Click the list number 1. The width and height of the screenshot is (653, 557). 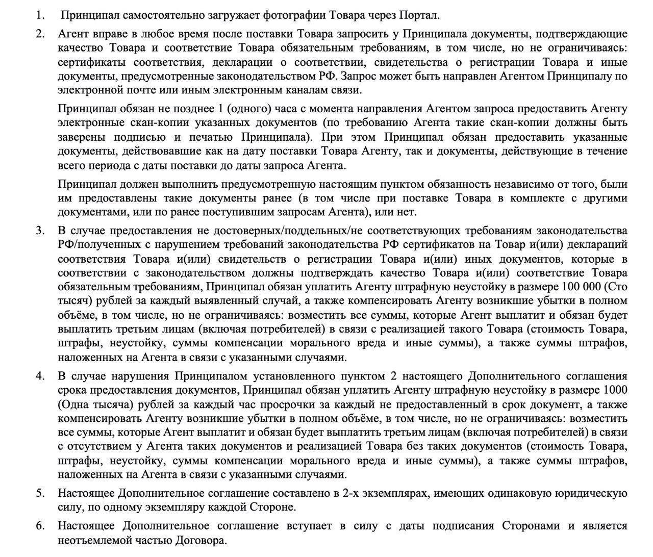coord(40,15)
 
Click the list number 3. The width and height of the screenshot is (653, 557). coord(40,230)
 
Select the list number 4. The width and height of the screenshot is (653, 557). coord(40,376)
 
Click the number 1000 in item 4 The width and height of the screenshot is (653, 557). coord(615,390)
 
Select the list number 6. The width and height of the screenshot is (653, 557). coord(40,525)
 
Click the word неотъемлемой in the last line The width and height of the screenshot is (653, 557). coord(92,540)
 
